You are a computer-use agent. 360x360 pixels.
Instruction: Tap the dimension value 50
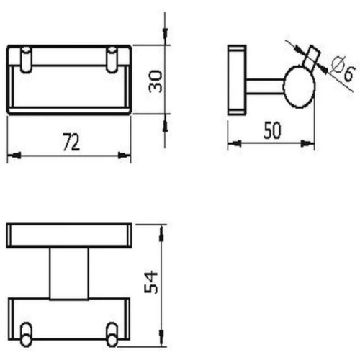tap(272, 130)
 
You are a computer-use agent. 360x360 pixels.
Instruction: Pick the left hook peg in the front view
tap(27, 59)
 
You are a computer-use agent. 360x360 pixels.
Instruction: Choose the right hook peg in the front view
tap(112, 59)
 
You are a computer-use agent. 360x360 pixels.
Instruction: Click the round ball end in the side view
tap(298, 87)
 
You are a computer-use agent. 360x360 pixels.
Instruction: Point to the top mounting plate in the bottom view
tap(69, 235)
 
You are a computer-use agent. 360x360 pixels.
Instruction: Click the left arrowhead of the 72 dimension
tap(12, 154)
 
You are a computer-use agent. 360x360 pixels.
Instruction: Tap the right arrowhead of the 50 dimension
tap(311, 143)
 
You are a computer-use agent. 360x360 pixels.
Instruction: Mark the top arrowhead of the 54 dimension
tap(164, 228)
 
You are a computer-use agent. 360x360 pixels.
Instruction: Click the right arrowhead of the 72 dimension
tap(127, 154)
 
